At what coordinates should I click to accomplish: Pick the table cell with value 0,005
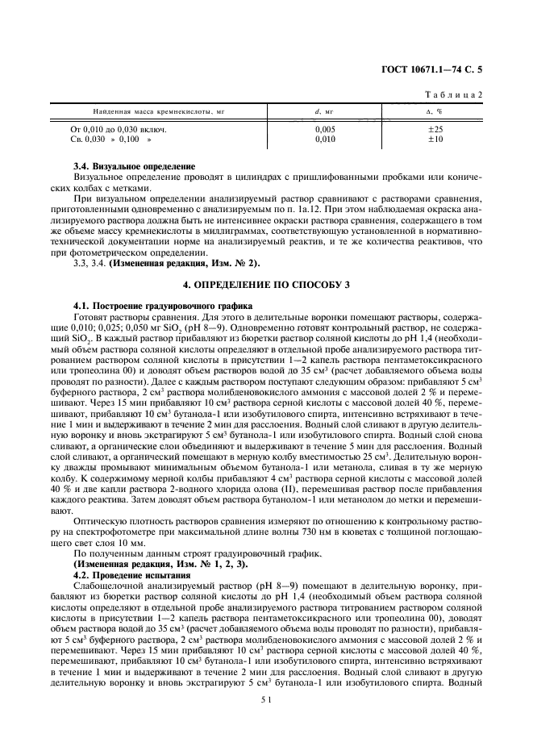[325, 129]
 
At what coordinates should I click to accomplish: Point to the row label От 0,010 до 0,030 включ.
[119, 129]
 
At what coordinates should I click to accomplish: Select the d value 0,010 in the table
[325, 139]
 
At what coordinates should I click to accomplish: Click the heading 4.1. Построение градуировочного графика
[163, 306]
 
